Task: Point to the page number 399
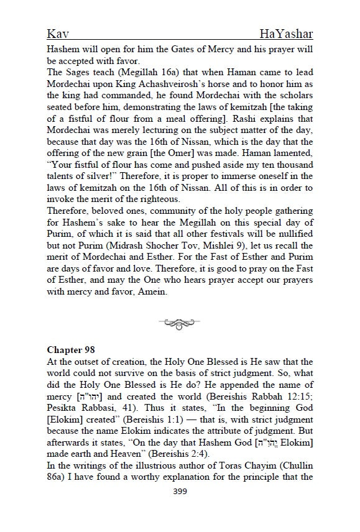180,490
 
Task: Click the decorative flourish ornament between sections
180,323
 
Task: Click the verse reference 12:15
301,397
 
